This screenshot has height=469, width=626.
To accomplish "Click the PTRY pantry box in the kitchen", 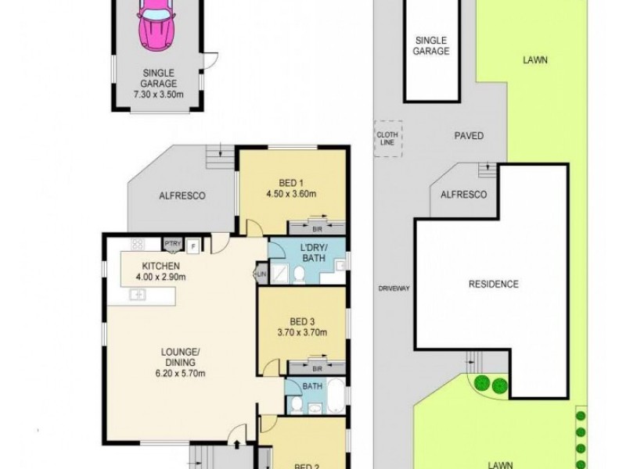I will tap(173, 245).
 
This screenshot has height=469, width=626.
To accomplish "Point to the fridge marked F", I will tap(192, 245).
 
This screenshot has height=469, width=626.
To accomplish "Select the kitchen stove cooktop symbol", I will tap(139, 244).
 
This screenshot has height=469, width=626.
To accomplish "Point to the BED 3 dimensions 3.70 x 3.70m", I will tap(301, 332).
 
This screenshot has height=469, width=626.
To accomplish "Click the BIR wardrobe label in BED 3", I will tap(316, 367).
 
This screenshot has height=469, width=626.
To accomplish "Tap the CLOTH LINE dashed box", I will tap(387, 138).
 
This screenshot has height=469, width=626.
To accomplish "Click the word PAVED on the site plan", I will tap(469, 135).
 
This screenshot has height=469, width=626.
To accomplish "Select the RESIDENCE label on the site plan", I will tap(493, 284).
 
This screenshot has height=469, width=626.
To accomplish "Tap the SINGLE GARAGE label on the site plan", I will tap(432, 46).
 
